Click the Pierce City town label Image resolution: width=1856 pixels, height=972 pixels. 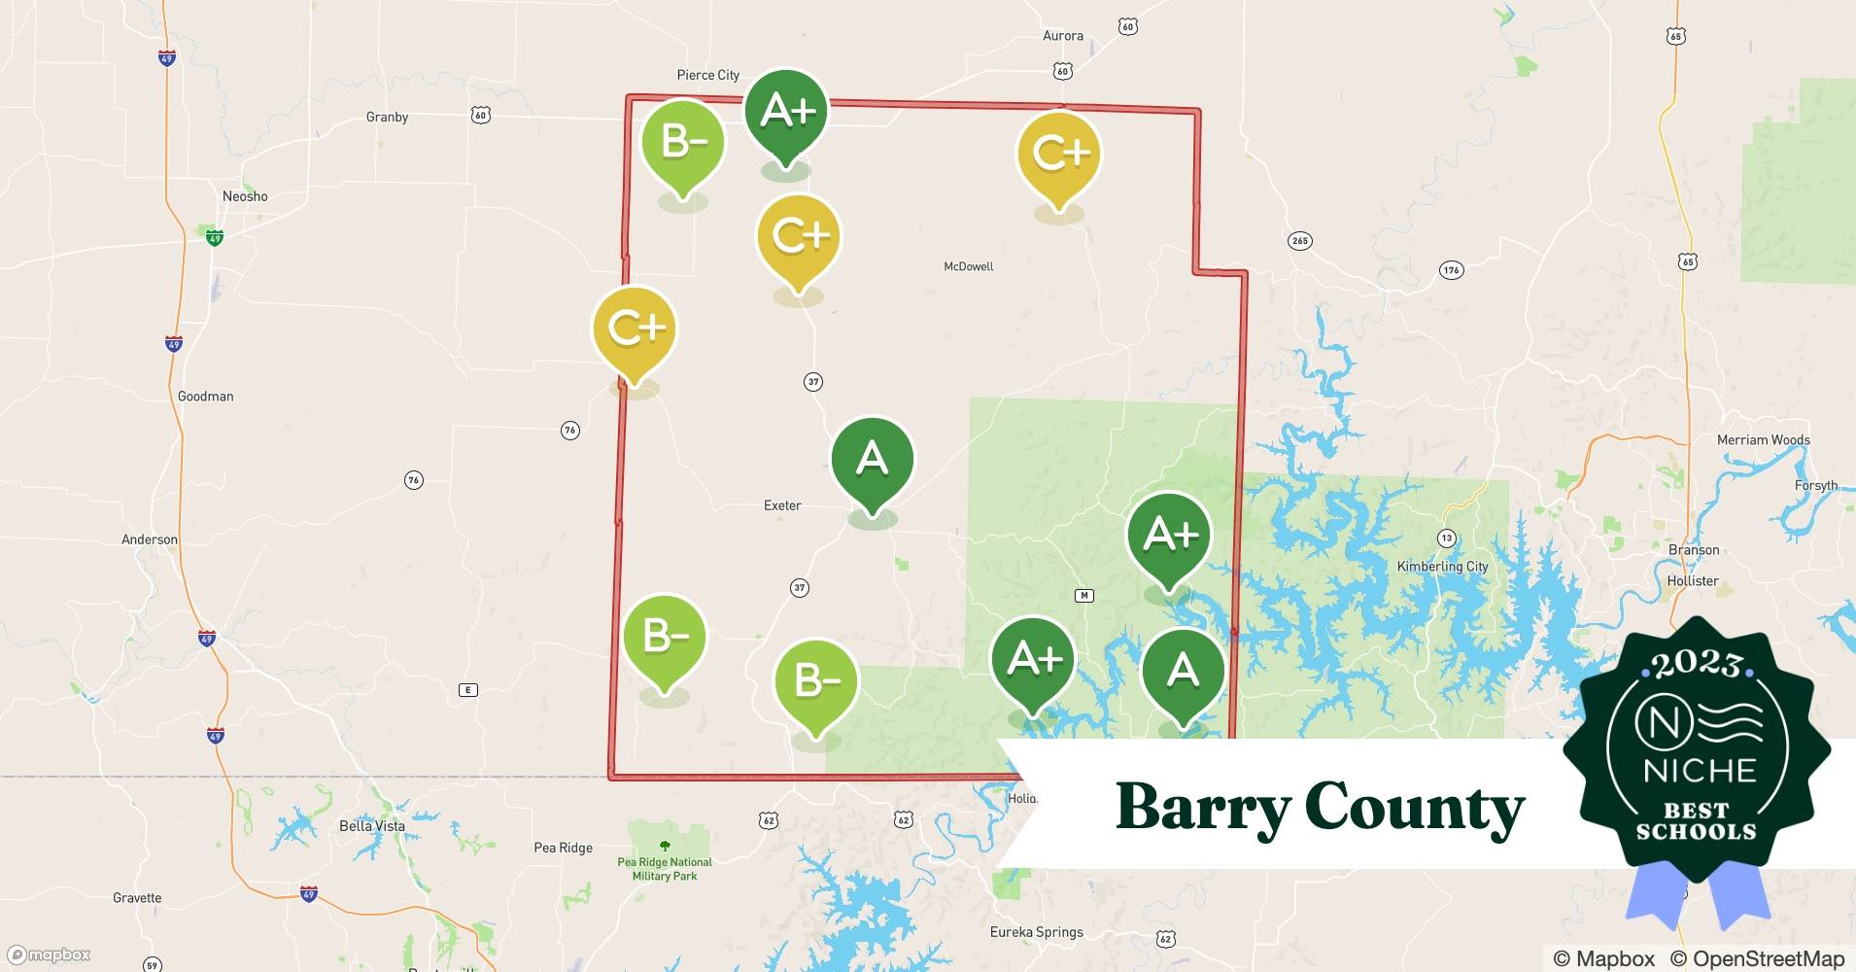coord(707,75)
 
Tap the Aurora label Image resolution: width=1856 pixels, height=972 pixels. coord(1062,36)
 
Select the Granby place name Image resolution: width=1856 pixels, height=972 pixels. coord(387,117)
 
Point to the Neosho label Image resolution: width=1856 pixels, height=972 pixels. coord(245,196)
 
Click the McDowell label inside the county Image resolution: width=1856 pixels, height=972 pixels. coord(968,266)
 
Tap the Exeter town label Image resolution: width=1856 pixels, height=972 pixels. coord(782,505)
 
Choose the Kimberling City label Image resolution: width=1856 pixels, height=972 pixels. coord(1442,567)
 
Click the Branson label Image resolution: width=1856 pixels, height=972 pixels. coord(1694,550)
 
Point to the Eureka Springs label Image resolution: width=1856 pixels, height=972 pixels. coord(1036,932)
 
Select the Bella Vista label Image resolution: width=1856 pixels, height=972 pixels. coord(372,826)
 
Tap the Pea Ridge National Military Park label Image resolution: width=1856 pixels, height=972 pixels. coord(665,869)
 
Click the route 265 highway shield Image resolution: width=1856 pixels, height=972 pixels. coord(1300,240)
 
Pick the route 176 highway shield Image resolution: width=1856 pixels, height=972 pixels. coord(1451,270)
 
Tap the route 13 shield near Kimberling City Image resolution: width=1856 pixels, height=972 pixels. coord(1447,538)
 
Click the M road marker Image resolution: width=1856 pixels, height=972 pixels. coord(1084,596)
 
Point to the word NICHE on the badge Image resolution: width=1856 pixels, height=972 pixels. coord(1700,771)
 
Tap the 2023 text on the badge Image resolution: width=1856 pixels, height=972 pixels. coord(1698,664)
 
